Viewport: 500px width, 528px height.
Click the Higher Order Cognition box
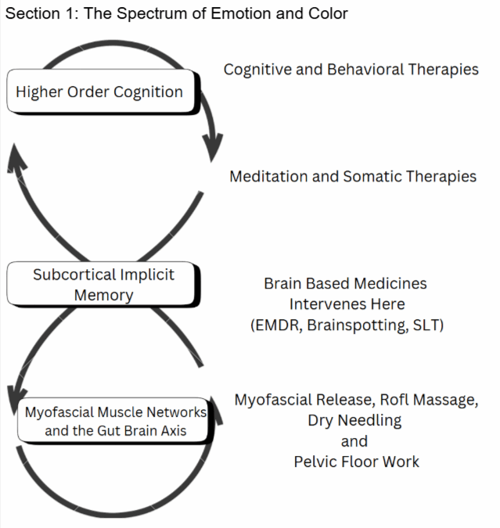point(99,92)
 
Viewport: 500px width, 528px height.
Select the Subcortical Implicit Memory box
point(103,285)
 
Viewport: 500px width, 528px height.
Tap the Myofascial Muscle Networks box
point(114,421)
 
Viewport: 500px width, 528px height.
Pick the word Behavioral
point(370,70)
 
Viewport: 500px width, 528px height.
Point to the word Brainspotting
point(353,325)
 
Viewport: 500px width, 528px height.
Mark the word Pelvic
point(318,462)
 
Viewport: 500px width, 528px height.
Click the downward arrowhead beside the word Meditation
point(212,147)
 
